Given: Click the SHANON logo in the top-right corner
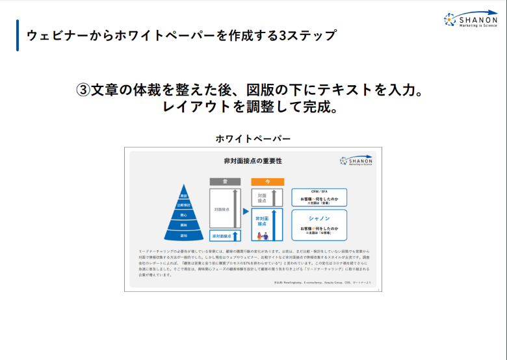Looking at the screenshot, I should pyautogui.click(x=471, y=20).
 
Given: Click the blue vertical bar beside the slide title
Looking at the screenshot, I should pyautogui.click(x=18, y=35).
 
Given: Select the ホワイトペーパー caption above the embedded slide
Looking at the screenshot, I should pyautogui.click(x=253, y=138).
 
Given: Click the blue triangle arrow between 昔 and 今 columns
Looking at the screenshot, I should pyautogui.click(x=246, y=211).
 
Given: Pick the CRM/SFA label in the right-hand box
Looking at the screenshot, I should pyautogui.click(x=318, y=192).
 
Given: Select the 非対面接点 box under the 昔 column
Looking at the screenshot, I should pyautogui.click(x=221, y=236).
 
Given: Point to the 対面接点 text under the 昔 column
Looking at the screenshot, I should pyautogui.click(x=221, y=210).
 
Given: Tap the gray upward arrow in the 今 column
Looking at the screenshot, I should pyautogui.click(x=276, y=197).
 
